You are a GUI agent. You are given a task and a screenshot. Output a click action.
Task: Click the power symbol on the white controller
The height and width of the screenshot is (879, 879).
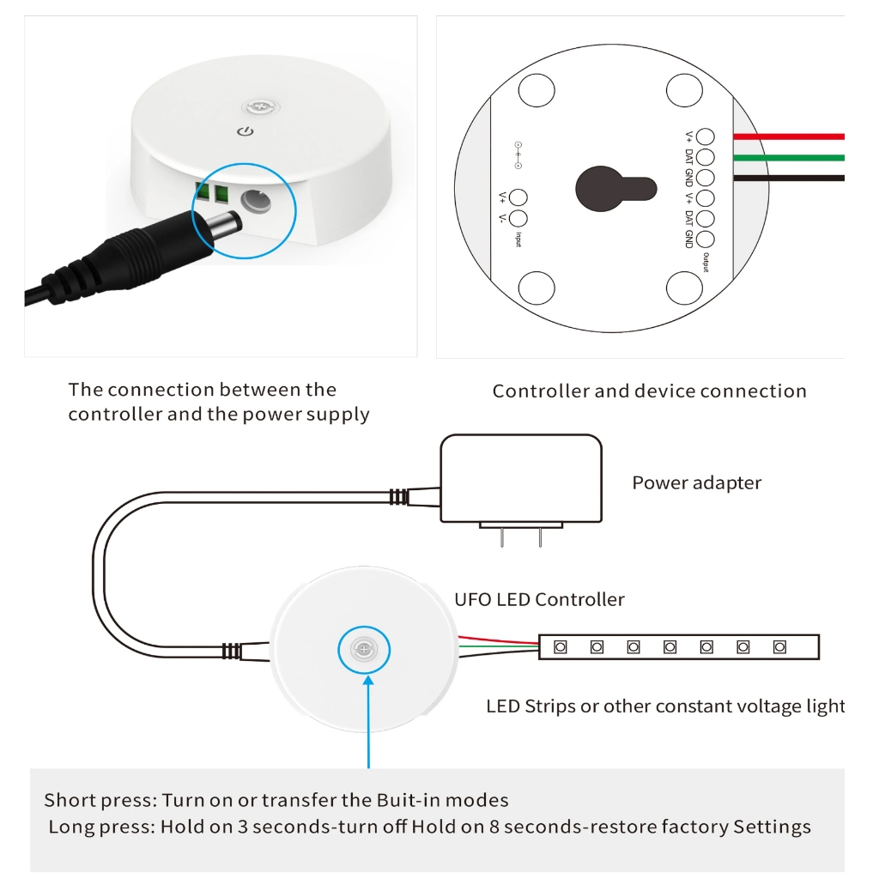246,131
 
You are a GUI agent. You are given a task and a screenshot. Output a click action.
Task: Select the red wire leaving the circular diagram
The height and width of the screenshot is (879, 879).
789,136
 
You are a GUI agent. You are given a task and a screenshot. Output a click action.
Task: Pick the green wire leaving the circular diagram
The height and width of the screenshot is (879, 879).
789,158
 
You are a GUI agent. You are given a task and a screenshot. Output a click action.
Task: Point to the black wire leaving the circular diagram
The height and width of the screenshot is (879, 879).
789,179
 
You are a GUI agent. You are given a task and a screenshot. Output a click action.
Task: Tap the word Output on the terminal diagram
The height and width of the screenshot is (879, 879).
706,263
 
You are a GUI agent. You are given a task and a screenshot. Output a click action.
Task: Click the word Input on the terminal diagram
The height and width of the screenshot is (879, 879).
518,239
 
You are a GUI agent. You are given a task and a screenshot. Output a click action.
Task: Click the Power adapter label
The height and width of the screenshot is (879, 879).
697,482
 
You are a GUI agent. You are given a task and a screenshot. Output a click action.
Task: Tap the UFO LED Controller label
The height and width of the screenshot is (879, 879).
539,599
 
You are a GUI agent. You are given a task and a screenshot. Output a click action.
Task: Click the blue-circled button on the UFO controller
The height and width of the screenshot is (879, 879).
364,650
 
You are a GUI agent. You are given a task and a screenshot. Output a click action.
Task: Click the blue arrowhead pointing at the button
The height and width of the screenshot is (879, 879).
368,681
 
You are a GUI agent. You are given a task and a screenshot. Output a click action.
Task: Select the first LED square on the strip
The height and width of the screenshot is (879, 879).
560,647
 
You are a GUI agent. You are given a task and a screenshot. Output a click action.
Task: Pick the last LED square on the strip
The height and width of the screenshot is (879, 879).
779,647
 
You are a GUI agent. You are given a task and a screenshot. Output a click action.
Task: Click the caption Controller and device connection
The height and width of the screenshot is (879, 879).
650,391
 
